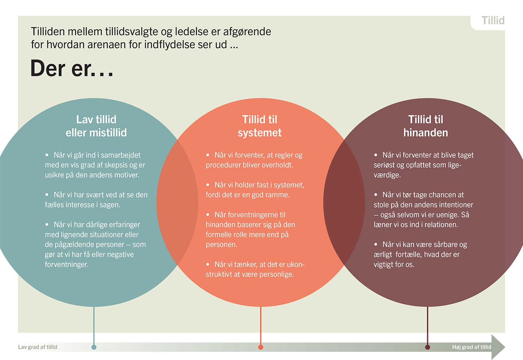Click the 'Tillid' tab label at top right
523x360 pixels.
(493, 21)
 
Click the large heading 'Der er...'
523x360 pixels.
(72, 69)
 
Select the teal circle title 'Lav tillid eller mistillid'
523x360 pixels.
(96, 126)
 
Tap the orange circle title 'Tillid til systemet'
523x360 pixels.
(260, 126)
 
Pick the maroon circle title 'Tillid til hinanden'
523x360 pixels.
(425, 126)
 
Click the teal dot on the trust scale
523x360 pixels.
(94, 347)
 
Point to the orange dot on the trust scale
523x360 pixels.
(261, 347)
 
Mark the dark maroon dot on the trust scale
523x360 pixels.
(427, 347)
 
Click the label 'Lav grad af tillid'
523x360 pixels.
(38, 347)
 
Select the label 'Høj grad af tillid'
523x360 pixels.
(471, 347)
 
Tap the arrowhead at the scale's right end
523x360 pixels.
(499, 347)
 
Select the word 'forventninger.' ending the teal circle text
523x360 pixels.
(66, 265)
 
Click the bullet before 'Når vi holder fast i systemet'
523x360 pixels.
(208, 185)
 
